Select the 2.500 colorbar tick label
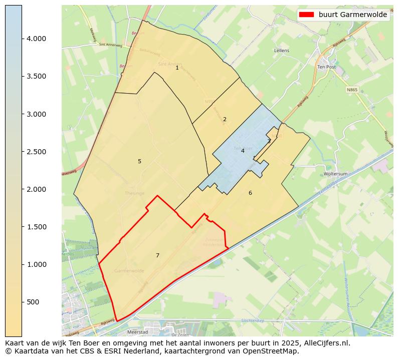click(36, 152)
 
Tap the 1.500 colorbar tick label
click(36, 227)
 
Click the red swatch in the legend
click(306, 15)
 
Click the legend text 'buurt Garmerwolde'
click(353, 15)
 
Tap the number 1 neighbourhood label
click(177, 68)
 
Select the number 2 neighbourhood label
click(225, 119)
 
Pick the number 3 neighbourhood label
click(269, 141)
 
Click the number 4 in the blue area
click(243, 151)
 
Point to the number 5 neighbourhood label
click(139, 161)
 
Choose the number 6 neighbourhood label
click(250, 193)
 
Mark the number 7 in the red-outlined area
click(157, 255)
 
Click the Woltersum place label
click(335, 174)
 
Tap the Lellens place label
click(282, 51)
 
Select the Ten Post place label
click(326, 67)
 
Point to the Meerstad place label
click(137, 331)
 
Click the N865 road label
click(352, 90)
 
